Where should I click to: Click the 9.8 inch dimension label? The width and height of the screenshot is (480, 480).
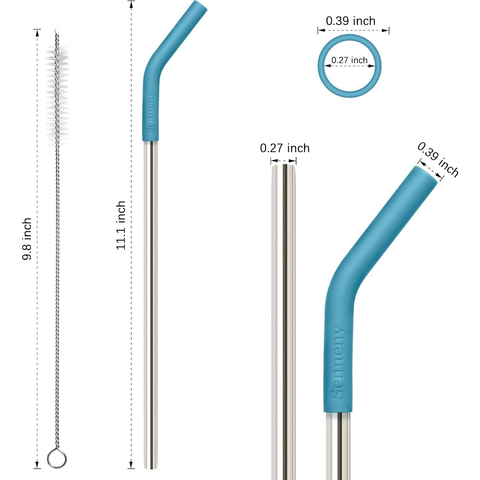click(27, 239)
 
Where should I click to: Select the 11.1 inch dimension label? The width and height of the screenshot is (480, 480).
click(121, 225)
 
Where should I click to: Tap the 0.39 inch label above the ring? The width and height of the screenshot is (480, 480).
click(351, 21)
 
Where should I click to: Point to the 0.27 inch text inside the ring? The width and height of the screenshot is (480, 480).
click(349, 60)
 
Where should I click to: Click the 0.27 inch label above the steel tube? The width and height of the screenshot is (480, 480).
click(285, 148)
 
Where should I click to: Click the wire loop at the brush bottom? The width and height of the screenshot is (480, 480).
click(57, 459)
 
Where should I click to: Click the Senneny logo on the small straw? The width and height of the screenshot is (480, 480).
click(150, 113)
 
